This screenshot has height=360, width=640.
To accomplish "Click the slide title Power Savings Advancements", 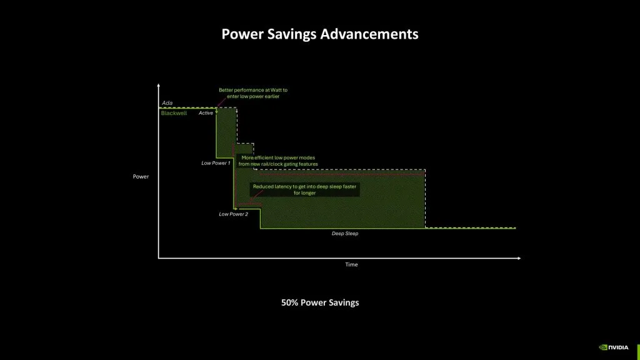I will click(320, 34).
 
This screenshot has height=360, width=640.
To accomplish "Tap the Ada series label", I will click(167, 102).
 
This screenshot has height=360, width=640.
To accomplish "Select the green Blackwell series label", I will click(174, 113).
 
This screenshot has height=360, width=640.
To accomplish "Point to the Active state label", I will click(206, 113).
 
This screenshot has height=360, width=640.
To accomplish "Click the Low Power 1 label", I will click(216, 163).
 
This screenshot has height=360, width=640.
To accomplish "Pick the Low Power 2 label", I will click(233, 214).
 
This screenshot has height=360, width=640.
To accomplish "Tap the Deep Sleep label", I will click(345, 233).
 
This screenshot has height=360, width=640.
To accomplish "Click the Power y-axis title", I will click(141, 177).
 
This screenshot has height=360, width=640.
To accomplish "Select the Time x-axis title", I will click(352, 264).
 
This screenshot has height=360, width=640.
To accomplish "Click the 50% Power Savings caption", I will click(320, 302).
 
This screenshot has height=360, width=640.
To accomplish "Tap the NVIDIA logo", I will click(614, 347).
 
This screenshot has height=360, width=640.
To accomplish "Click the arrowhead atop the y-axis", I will click(159, 86).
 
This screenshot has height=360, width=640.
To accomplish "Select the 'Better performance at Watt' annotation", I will click(253, 93).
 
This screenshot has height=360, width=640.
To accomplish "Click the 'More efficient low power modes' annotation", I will click(278, 161).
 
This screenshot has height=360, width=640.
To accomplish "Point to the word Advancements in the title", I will click(369, 34).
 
